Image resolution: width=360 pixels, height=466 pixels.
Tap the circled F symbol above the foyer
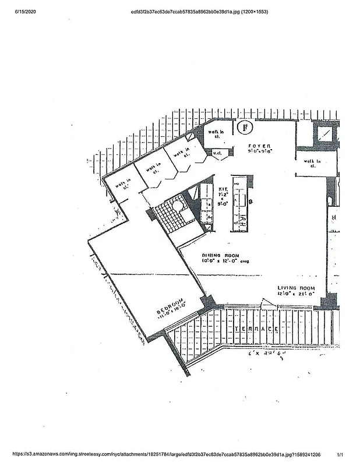click(x=246, y=125)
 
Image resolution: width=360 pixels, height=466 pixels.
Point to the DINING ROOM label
click(x=221, y=255)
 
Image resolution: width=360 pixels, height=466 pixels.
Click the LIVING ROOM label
click(x=296, y=288)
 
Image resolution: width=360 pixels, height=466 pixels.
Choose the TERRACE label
click(x=254, y=329)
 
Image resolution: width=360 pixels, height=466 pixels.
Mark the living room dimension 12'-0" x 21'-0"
click(x=296, y=294)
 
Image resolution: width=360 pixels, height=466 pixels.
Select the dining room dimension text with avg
click(x=225, y=262)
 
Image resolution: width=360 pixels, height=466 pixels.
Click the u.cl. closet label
click(x=219, y=154)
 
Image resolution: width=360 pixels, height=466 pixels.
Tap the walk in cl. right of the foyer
click(x=310, y=163)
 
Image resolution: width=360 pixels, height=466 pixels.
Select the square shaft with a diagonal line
click(x=326, y=135)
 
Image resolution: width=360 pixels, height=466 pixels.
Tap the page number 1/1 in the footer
click(x=340, y=454)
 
